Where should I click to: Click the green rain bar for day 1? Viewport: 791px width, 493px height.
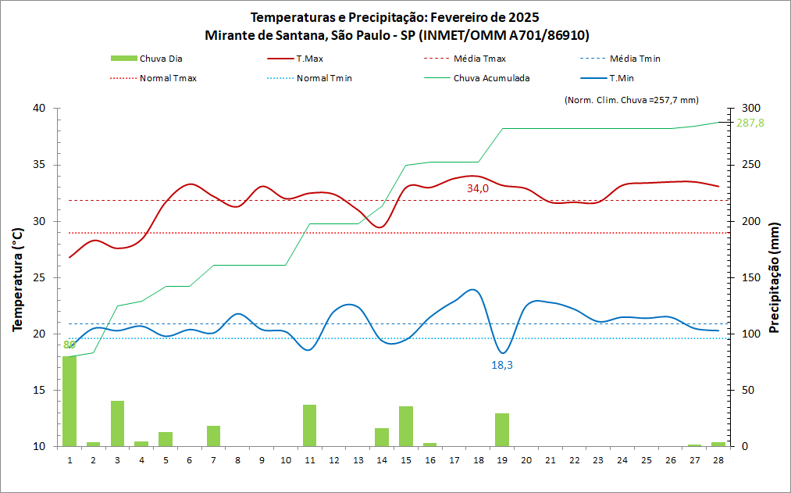pyautogui.click(x=69, y=402)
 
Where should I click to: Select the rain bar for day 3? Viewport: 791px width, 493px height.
pyautogui.click(x=117, y=423)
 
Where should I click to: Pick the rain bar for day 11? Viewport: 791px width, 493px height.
pyautogui.click(x=309, y=426)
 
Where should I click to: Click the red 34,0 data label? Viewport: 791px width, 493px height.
pyautogui.click(x=478, y=188)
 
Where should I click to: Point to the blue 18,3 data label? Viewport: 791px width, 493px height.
pyautogui.click(x=502, y=365)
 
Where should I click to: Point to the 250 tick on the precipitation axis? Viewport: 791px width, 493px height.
pyautogui.click(x=748, y=165)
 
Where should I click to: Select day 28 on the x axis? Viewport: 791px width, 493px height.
pyautogui.click(x=718, y=460)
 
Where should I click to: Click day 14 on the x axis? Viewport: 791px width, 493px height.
pyautogui.click(x=382, y=460)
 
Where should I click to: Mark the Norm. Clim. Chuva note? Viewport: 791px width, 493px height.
pyautogui.click(x=630, y=99)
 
